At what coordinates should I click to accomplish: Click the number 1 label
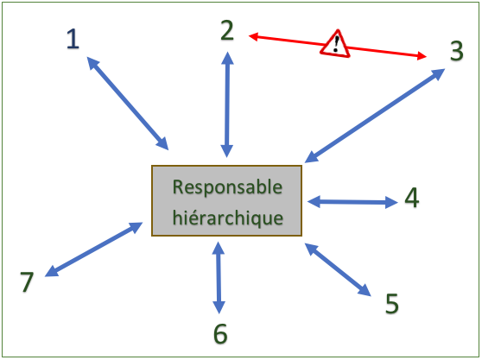(x=73, y=39)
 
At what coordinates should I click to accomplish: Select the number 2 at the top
(x=227, y=30)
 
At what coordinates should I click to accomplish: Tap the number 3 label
(x=456, y=51)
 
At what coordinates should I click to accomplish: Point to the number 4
(x=412, y=198)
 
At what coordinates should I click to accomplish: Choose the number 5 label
(x=392, y=304)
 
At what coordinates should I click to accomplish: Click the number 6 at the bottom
(x=220, y=333)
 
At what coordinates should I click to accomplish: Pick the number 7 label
(x=27, y=281)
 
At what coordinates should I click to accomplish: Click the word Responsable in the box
(x=227, y=187)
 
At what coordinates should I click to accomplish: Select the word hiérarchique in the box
(x=228, y=218)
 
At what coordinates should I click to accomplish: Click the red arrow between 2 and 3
(x=337, y=47)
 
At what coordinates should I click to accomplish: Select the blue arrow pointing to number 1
(x=128, y=104)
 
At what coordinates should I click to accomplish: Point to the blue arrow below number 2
(x=227, y=104)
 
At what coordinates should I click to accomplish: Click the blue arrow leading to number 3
(x=375, y=116)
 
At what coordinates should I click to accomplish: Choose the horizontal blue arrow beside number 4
(x=352, y=202)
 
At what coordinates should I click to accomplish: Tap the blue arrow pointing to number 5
(x=338, y=269)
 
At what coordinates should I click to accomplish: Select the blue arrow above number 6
(x=219, y=278)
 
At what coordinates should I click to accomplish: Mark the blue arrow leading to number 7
(x=94, y=249)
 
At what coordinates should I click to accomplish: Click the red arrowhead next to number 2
(x=253, y=37)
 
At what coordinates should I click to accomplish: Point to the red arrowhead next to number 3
(x=422, y=56)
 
